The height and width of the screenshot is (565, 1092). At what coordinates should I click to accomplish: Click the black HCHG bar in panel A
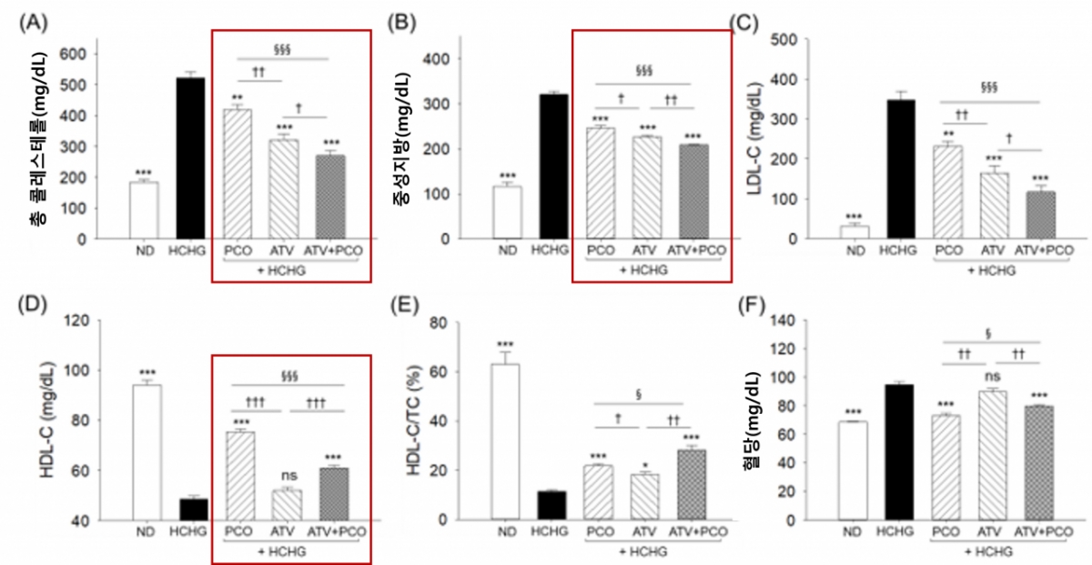tap(189, 158)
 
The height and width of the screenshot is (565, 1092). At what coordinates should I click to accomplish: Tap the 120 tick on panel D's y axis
tap(82, 320)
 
